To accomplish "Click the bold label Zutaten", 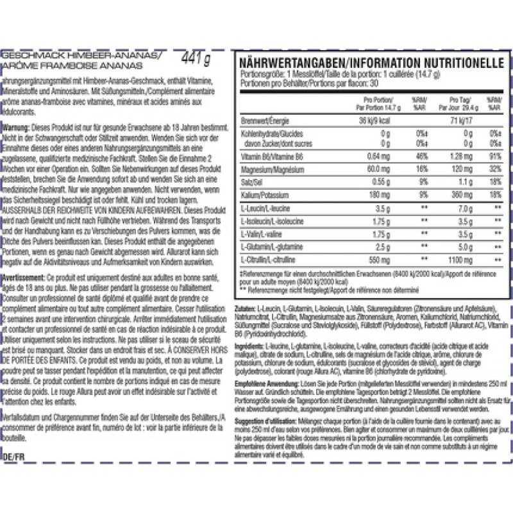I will pyautogui.click(x=248, y=310).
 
